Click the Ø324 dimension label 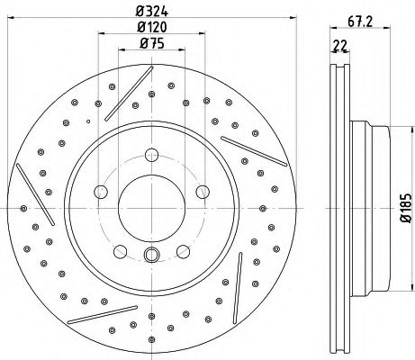pos(152,11)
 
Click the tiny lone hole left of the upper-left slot pos(87,120)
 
